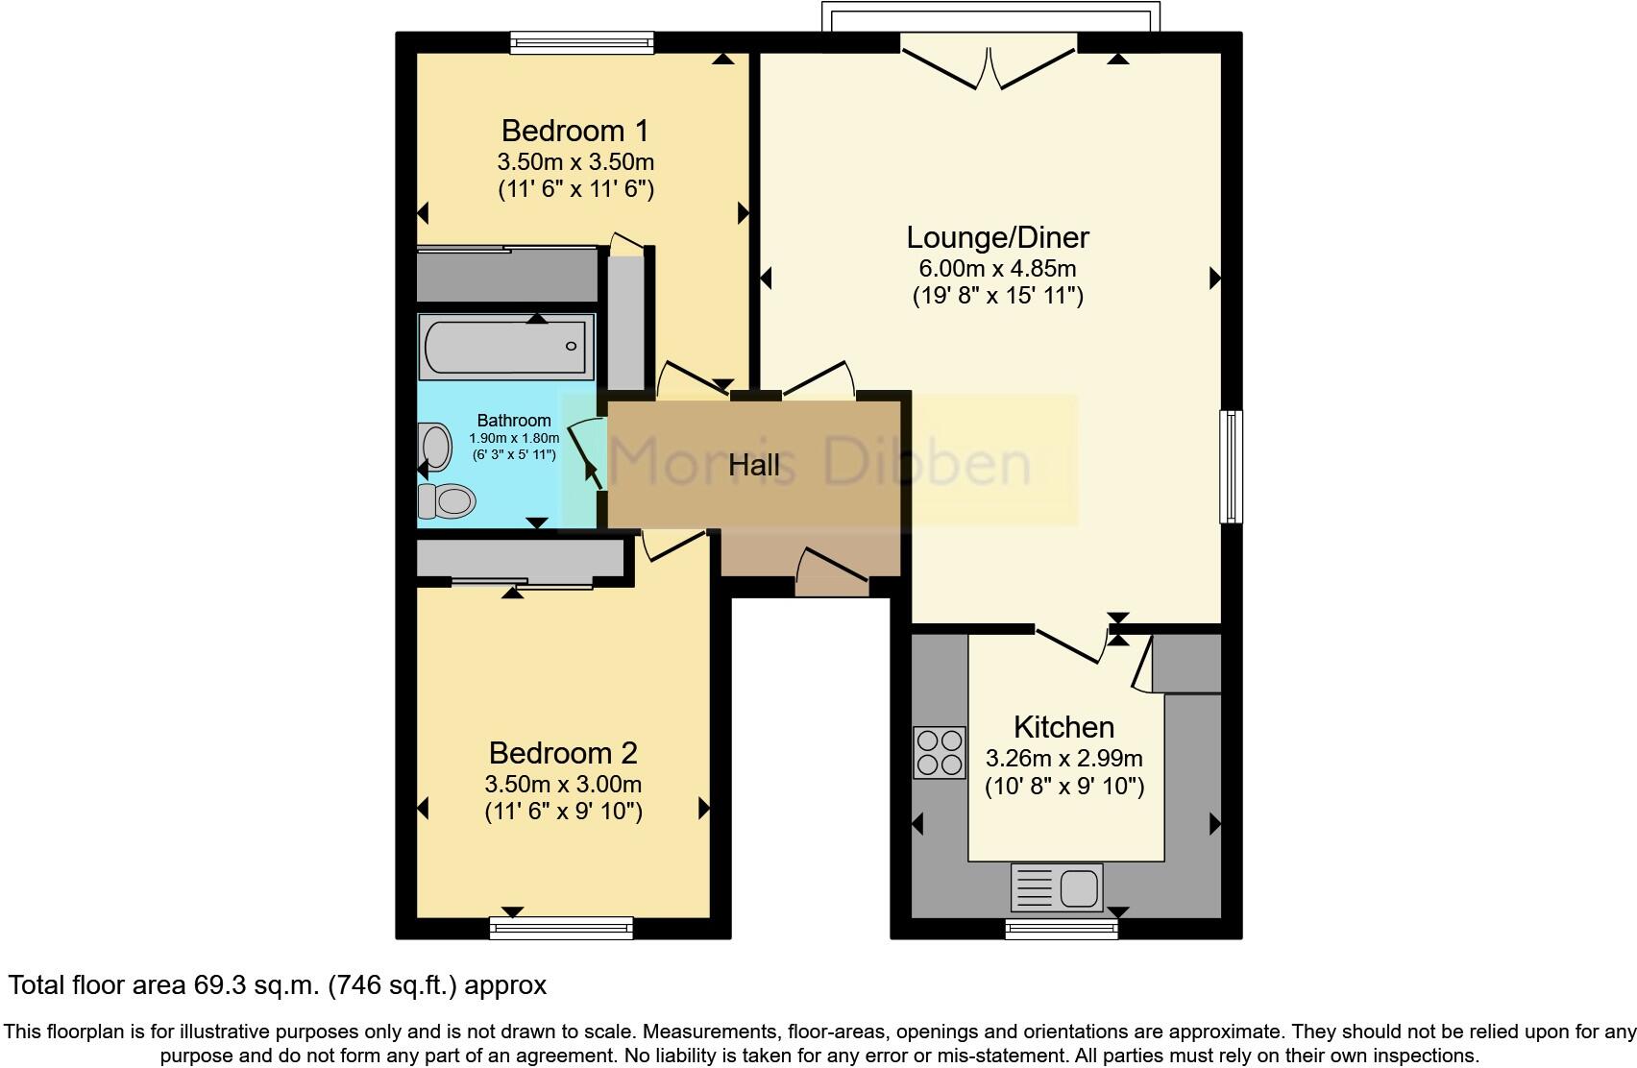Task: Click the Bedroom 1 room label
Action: click(x=574, y=130)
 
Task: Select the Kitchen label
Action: click(x=1063, y=727)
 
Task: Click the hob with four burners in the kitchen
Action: click(x=939, y=752)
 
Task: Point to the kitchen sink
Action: click(x=1057, y=886)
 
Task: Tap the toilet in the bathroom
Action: click(x=447, y=500)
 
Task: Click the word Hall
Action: click(x=754, y=466)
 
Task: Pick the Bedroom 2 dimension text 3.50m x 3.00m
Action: click(x=563, y=784)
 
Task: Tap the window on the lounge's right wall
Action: click(x=1231, y=467)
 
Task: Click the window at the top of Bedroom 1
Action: click(x=582, y=41)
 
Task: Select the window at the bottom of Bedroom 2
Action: click(x=561, y=927)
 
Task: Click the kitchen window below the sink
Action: click(x=1062, y=928)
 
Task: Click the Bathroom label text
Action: click(x=514, y=421)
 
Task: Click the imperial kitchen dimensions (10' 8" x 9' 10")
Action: click(x=1064, y=787)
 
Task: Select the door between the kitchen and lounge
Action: click(x=1069, y=644)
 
